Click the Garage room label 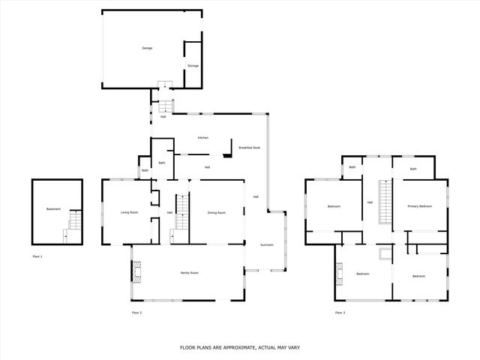point(147,48)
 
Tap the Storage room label point(193,66)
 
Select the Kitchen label point(202,138)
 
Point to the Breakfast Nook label point(250,148)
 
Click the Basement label point(53,208)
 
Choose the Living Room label point(130,212)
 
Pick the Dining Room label point(217,213)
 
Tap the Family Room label point(189,272)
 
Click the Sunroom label point(267,245)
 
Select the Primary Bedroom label point(420,205)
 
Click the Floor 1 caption point(37,257)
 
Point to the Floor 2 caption point(136,312)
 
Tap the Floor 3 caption point(340,312)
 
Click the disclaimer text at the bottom point(239,347)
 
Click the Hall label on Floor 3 point(370,202)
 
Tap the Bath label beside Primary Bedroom point(412,169)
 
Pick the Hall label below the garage point(163,116)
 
